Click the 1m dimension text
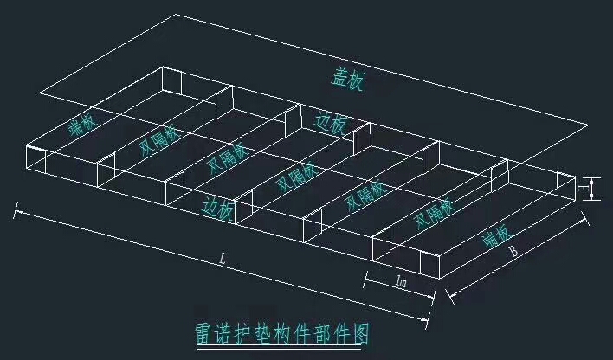401,282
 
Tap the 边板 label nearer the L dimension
217,207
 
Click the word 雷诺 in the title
212,331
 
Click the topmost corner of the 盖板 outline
176,15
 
